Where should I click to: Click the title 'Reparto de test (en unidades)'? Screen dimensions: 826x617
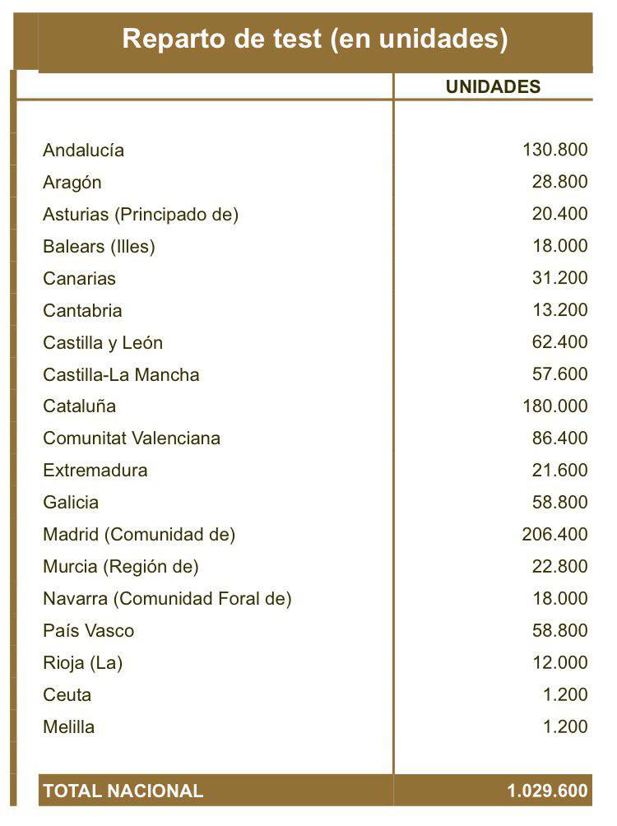315,39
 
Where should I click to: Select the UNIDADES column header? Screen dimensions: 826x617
493,87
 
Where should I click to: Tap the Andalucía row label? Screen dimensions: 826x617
84,151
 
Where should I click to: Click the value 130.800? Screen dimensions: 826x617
555,150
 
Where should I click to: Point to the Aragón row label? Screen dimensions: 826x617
72,183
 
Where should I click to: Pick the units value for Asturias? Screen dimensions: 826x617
560,214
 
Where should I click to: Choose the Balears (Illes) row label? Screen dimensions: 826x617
99,246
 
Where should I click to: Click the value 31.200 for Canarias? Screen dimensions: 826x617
560,277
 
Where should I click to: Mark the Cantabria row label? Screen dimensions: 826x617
82,310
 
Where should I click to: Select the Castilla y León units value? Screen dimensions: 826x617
560,341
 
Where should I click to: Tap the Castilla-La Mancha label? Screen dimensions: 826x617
121,374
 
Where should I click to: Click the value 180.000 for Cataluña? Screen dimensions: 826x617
555,406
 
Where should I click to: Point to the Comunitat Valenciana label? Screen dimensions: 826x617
132,439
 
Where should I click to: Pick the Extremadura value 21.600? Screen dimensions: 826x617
560,470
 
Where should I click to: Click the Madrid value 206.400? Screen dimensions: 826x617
555,534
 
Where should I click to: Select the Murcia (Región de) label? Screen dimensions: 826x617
121,567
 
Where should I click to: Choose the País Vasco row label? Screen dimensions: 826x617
88,631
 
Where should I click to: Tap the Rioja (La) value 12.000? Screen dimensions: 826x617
560,662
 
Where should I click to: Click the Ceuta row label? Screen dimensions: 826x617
67,695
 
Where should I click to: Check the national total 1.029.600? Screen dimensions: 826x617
547,791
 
